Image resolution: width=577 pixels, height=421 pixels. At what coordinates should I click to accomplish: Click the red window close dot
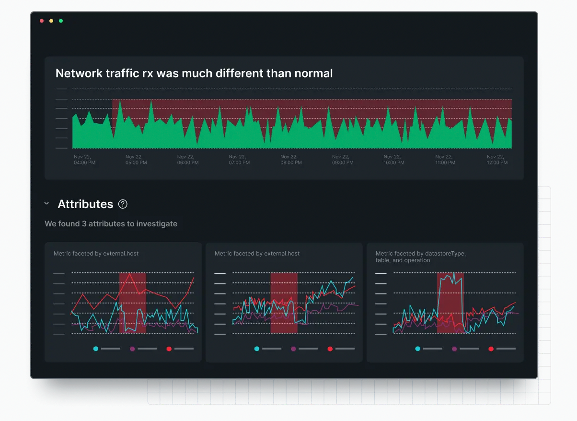click(42, 21)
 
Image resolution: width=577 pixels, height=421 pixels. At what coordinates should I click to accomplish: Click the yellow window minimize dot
click(51, 21)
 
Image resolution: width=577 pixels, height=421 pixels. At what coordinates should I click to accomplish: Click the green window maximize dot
click(61, 21)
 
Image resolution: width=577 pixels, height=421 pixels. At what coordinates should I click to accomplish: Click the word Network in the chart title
click(79, 73)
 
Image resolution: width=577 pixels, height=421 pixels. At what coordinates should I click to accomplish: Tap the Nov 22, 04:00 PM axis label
click(84, 160)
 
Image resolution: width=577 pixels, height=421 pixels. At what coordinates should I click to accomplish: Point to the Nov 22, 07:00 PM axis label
click(239, 160)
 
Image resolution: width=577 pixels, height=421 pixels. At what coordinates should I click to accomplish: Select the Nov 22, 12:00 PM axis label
click(497, 160)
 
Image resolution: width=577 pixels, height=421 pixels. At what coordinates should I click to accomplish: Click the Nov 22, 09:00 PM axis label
click(343, 160)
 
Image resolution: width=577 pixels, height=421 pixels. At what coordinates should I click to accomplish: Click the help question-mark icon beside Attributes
click(123, 204)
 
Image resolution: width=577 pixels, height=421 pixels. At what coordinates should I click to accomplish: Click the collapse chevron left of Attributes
click(46, 204)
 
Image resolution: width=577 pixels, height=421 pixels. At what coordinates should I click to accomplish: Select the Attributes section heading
click(85, 204)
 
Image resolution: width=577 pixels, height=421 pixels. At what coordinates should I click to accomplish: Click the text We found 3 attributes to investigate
click(111, 224)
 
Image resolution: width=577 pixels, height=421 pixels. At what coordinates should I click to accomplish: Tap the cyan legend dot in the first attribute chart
click(96, 349)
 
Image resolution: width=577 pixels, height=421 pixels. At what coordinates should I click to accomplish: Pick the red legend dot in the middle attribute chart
click(330, 349)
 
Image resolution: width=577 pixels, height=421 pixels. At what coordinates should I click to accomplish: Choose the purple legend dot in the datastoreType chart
click(454, 349)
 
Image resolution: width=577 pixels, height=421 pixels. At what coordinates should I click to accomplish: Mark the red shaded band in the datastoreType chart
click(450, 303)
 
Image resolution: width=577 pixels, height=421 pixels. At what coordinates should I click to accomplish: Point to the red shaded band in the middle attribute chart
click(284, 303)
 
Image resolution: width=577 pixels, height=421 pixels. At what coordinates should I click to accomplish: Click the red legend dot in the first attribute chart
click(169, 349)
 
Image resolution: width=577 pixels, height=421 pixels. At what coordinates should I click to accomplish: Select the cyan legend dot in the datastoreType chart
click(418, 349)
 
